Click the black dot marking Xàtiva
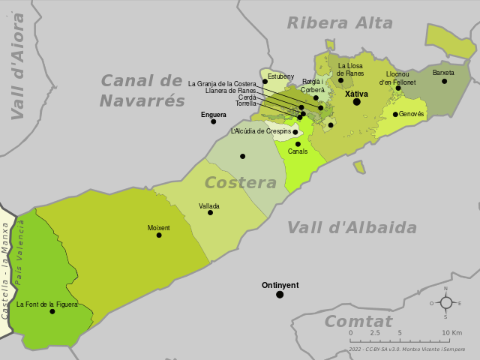pos(357,102)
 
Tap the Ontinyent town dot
pos(280,295)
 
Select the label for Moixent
pos(159,227)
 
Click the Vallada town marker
pos(210,212)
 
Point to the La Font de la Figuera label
pos(46,304)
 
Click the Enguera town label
pos(213,115)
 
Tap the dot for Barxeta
pos(444,81)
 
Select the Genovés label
pos(412,114)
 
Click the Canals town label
pos(298,151)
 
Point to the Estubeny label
pos(281,76)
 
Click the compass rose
pos(445,303)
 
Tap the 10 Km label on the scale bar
pos(451,333)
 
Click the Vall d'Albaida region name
pos(352,228)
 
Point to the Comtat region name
pos(358,322)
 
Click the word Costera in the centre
pos(241,183)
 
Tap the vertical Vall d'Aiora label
pos(18,66)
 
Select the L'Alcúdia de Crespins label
pos(260,131)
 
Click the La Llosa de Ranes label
pos(350,69)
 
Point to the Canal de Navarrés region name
pos(142,91)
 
